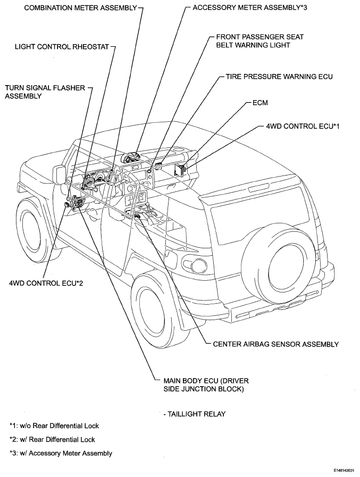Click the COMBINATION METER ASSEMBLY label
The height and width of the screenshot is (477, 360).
pos(80,8)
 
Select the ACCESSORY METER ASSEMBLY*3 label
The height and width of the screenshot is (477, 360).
pos(250,7)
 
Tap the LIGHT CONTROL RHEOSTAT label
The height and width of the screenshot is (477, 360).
pos(62,47)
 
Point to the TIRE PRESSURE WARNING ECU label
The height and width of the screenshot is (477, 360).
pos(279,77)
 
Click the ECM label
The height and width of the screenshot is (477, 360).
pos(260,103)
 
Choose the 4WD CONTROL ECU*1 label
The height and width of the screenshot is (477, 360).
pos(303,126)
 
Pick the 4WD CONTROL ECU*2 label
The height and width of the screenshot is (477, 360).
pos(46,283)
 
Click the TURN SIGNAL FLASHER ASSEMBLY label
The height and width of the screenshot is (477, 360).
pos(45,92)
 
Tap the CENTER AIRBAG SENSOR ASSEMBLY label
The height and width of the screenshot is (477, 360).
pos(275,344)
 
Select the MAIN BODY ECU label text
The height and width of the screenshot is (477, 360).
pos(206,384)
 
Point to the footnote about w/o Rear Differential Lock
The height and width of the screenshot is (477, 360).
pos(54,425)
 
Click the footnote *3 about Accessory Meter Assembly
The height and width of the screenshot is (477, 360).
pos(61,453)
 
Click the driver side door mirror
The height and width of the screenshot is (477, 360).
pos(59,174)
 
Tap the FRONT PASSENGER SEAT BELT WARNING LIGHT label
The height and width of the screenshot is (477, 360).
pos(260,41)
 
